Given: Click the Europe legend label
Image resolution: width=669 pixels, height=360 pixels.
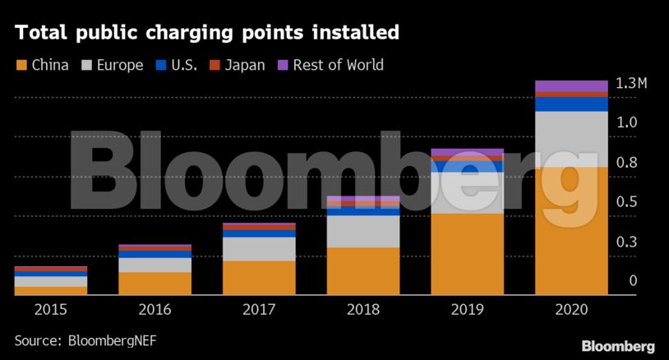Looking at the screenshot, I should pos(120,65).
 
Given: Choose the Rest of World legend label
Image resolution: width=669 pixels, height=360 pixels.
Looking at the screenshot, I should pos(338,65).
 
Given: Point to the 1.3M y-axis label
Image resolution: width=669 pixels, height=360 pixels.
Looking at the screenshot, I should pos(631,84).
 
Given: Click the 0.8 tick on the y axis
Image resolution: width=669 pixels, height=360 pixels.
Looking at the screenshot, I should pos(627,163).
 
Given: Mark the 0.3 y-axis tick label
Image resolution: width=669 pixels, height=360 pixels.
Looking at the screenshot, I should pos(627,242).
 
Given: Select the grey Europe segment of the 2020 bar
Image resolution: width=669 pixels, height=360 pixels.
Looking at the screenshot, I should pos(571,139).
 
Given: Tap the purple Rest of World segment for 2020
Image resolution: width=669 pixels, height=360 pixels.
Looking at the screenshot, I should pos(571,86).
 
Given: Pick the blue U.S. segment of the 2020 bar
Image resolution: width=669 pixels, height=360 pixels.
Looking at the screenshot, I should pos(571,104).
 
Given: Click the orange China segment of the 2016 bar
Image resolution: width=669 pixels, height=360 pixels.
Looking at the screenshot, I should pos(155,283).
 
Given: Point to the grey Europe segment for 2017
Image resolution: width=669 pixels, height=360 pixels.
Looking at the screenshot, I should pos(259,249).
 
